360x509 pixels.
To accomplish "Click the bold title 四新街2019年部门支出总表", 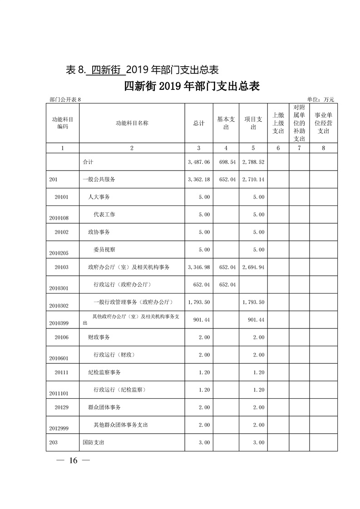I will pyautogui.click(x=192, y=87).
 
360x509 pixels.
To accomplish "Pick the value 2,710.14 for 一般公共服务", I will pyautogui.click(x=253, y=180).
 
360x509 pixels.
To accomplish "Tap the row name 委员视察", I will pyautogui.click(x=104, y=250).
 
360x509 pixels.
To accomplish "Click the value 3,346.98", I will pyautogui.click(x=198, y=267).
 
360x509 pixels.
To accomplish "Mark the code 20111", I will pyautogui.click(x=61, y=372).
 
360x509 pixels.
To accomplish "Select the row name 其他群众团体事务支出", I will pyautogui.click(x=120, y=425).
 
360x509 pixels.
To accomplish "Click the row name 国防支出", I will pyautogui.click(x=93, y=442).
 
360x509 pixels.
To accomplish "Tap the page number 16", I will pyautogui.click(x=74, y=461).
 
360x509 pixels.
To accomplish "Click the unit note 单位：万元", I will pyautogui.click(x=321, y=99).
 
